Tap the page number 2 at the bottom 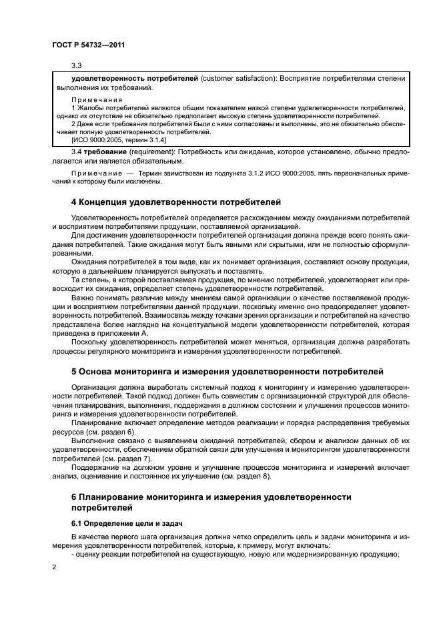click(x=54, y=566)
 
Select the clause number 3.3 click(x=76, y=66)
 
